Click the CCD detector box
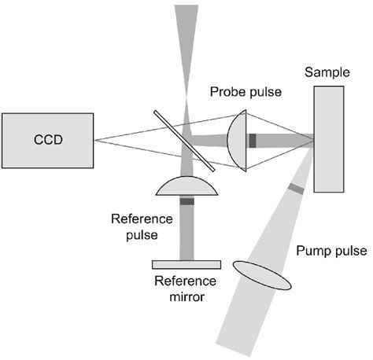(47, 141)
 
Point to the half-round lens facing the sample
(238, 141)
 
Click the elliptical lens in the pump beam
(264, 275)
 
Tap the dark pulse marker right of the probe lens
(253, 141)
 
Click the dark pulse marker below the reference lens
(186, 202)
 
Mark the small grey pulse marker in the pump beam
(295, 189)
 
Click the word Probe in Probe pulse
(227, 93)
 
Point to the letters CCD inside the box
(47, 141)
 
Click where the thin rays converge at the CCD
(94, 141)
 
